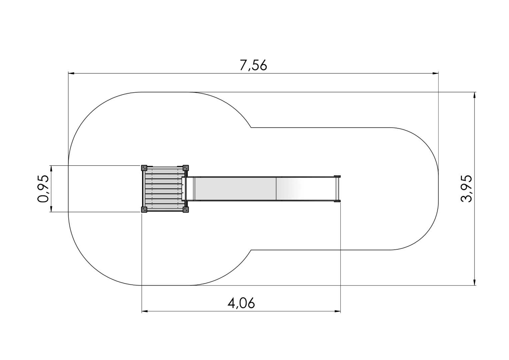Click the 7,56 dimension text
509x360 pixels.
tap(253, 66)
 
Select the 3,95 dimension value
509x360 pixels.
tap(466, 188)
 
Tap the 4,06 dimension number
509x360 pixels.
tap(241, 303)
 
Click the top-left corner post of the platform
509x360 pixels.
tap(144, 168)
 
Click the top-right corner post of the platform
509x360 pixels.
tap(186, 168)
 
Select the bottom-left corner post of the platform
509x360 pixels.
tap(144, 209)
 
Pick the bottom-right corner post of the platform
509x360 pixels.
tap(186, 209)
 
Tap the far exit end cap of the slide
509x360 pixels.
tap(337, 188)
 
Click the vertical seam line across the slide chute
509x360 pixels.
tap(276, 189)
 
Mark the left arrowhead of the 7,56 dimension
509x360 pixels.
tap(71, 73)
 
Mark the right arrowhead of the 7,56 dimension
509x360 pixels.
tap(435, 73)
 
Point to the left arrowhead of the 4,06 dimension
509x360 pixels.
tap(145, 311)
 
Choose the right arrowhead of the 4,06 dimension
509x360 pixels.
tap(338, 311)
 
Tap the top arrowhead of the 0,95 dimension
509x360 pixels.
tap(51, 168)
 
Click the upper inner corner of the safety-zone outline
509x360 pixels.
tap(251, 127)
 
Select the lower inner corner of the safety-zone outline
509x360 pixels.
tap(251, 250)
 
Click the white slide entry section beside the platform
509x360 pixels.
tap(190, 189)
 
